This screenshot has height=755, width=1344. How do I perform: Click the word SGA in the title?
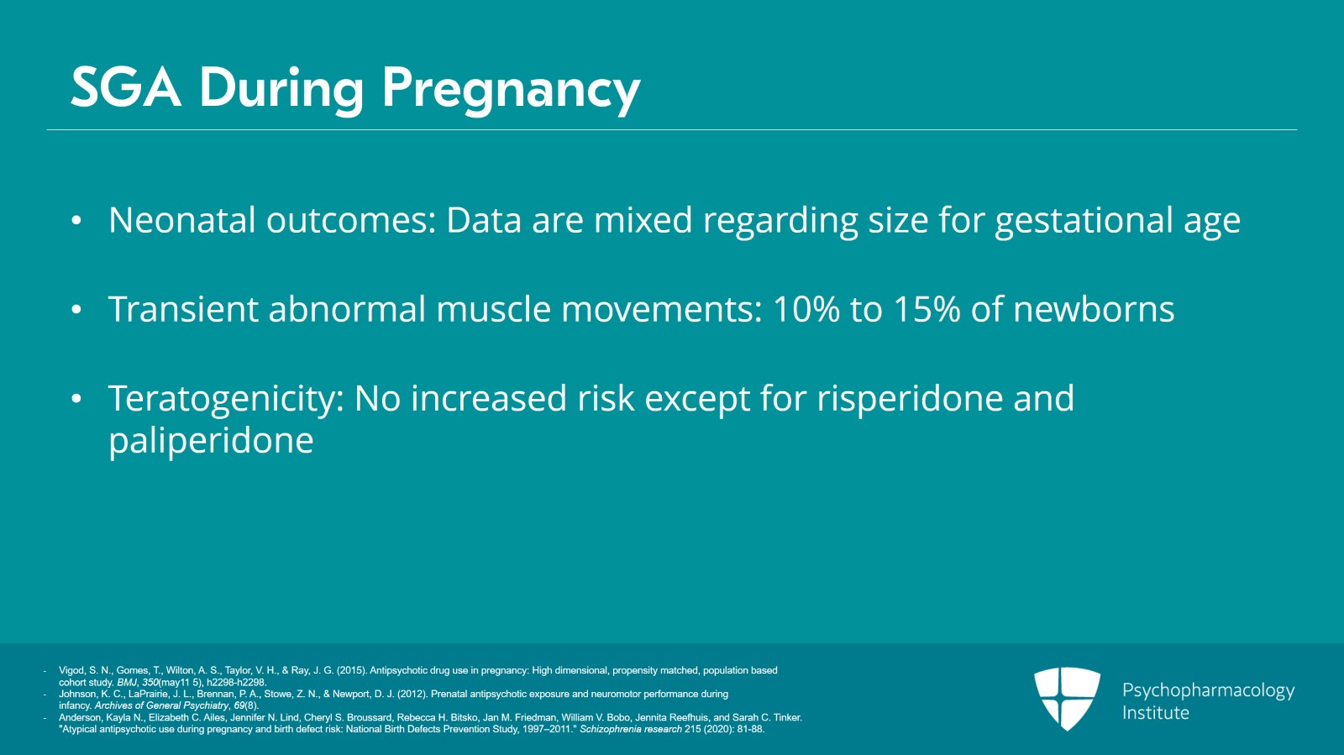coord(125,87)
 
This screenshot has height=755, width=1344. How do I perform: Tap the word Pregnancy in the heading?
coord(511,89)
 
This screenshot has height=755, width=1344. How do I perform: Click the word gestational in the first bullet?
coord(1084,222)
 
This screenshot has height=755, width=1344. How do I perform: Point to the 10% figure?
coord(806,309)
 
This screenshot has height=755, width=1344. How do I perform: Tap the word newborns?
coord(1094,309)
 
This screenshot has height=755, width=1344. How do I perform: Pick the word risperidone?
coord(910,400)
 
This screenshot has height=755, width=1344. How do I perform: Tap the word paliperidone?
coord(211,442)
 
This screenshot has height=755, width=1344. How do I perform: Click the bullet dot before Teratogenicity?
coord(76,400)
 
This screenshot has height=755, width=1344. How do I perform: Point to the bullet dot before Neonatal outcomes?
coord(76,222)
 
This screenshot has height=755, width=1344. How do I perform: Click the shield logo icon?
coord(1067,698)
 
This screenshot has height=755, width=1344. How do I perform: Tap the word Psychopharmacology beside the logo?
coord(1208,690)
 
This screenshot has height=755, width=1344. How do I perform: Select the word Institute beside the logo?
coord(1155,713)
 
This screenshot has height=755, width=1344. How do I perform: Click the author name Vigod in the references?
coord(71,670)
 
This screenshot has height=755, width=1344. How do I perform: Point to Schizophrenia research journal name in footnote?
coord(630,729)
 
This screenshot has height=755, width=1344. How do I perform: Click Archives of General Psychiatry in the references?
coord(161,705)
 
